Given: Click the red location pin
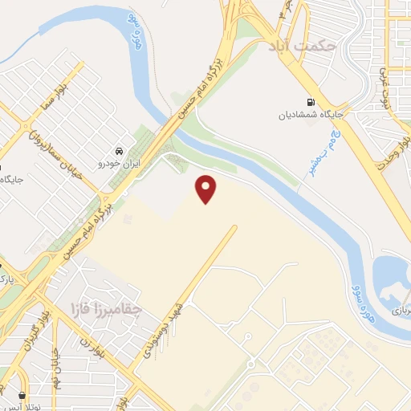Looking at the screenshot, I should click(207, 187).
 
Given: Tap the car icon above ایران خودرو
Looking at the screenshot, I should click(119, 151).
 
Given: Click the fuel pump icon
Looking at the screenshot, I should click(310, 103).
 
